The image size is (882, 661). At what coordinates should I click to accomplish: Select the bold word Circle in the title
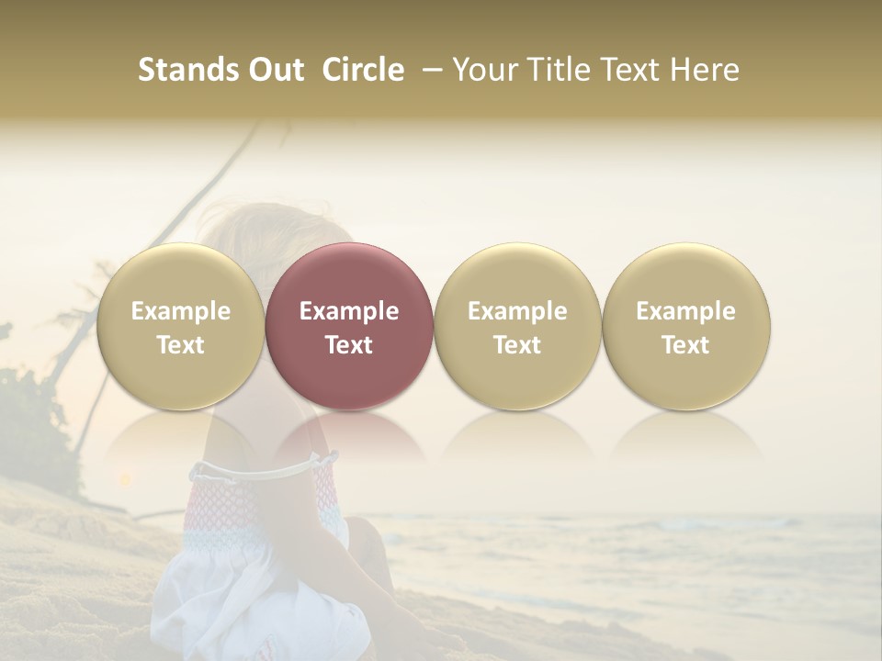pos(363,70)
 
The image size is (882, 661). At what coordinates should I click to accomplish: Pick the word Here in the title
pos(704,70)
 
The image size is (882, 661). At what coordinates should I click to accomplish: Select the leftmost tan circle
pos(180,327)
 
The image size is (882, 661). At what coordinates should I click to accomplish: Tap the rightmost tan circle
pos(685,327)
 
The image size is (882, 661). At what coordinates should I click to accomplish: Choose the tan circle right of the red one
pos(517,327)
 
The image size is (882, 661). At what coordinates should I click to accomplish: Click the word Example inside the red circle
pos(349,311)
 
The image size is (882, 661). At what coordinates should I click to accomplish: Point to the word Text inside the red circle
pos(349,345)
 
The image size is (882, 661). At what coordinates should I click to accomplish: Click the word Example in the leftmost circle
pos(180,311)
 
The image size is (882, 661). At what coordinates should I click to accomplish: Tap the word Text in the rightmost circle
pos(685,345)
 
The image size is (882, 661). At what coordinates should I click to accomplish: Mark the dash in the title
pos(429,70)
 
